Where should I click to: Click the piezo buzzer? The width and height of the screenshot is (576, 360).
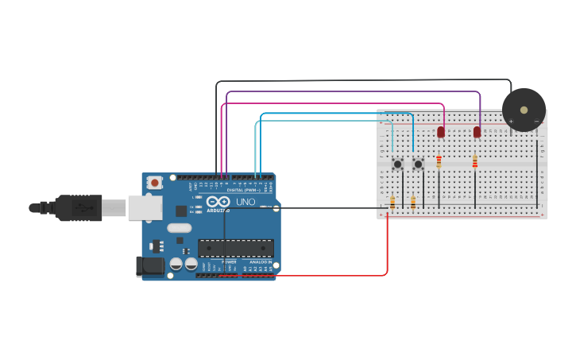pyautogui.click(x=524, y=110)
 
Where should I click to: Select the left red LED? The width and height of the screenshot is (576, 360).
pyautogui.click(x=441, y=132)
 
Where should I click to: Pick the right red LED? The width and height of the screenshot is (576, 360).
pyautogui.click(x=477, y=132)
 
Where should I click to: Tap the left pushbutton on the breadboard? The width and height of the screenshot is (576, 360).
pyautogui.click(x=397, y=165)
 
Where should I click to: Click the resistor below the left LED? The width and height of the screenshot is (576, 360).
pyautogui.click(x=439, y=161)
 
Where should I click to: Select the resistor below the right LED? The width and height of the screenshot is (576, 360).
pyautogui.click(x=475, y=161)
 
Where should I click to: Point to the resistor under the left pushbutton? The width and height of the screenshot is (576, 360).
pyautogui.click(x=392, y=203)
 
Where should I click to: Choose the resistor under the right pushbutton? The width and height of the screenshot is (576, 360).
pyautogui.click(x=413, y=203)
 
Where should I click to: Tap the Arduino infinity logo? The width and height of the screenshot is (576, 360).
pyautogui.click(x=218, y=202)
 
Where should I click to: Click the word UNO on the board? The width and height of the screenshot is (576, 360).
pyautogui.click(x=245, y=202)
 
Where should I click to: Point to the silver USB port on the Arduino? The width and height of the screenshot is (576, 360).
pyautogui.click(x=145, y=207)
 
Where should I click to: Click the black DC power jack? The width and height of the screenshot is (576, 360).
pyautogui.click(x=151, y=266)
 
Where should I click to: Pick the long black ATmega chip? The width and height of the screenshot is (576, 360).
pyautogui.click(x=236, y=248)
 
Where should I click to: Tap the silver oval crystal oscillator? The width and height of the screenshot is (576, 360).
pyautogui.click(x=179, y=228)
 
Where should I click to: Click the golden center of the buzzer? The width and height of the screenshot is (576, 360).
pyautogui.click(x=524, y=110)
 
